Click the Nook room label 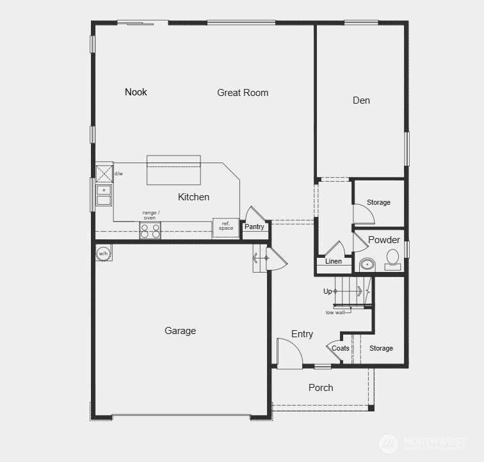coord(136,92)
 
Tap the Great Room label coord(243,93)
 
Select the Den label coord(361,100)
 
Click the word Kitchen coord(193,197)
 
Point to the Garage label coord(180,331)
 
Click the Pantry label coord(254,227)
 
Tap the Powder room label coord(384,240)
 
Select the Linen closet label coord(334,261)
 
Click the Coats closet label coord(341,348)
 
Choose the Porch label coord(321,387)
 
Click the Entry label coord(302,334)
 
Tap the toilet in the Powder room coord(392,258)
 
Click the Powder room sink coord(367,264)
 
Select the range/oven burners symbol coord(150,230)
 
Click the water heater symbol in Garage coord(103,253)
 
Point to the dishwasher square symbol coord(104,173)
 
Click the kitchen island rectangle coord(174,170)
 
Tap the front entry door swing coord(287,353)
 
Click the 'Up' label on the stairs coord(328,291)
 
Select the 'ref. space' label coord(226,226)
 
